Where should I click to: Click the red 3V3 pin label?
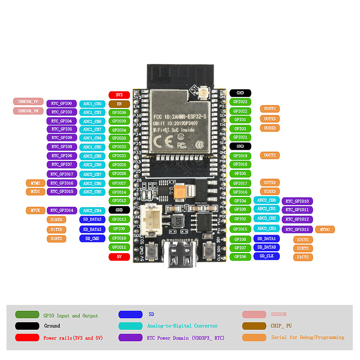[x=119, y=95]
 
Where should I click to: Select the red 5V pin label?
[x=119, y=257]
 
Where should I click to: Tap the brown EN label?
[x=119, y=104]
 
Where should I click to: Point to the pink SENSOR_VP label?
[x=28, y=102]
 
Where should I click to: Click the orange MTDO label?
[x=325, y=229]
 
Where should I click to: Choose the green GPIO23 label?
[x=240, y=102]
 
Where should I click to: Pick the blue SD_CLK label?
[x=266, y=256]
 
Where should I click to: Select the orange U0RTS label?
[x=270, y=109]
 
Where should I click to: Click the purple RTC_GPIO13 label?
[x=297, y=229]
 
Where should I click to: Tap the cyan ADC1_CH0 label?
[x=92, y=104]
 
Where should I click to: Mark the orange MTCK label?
[x=35, y=210]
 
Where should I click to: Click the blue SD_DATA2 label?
[x=92, y=219]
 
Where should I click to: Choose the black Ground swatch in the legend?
[x=27, y=326]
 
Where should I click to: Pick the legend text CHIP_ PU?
[x=281, y=326]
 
